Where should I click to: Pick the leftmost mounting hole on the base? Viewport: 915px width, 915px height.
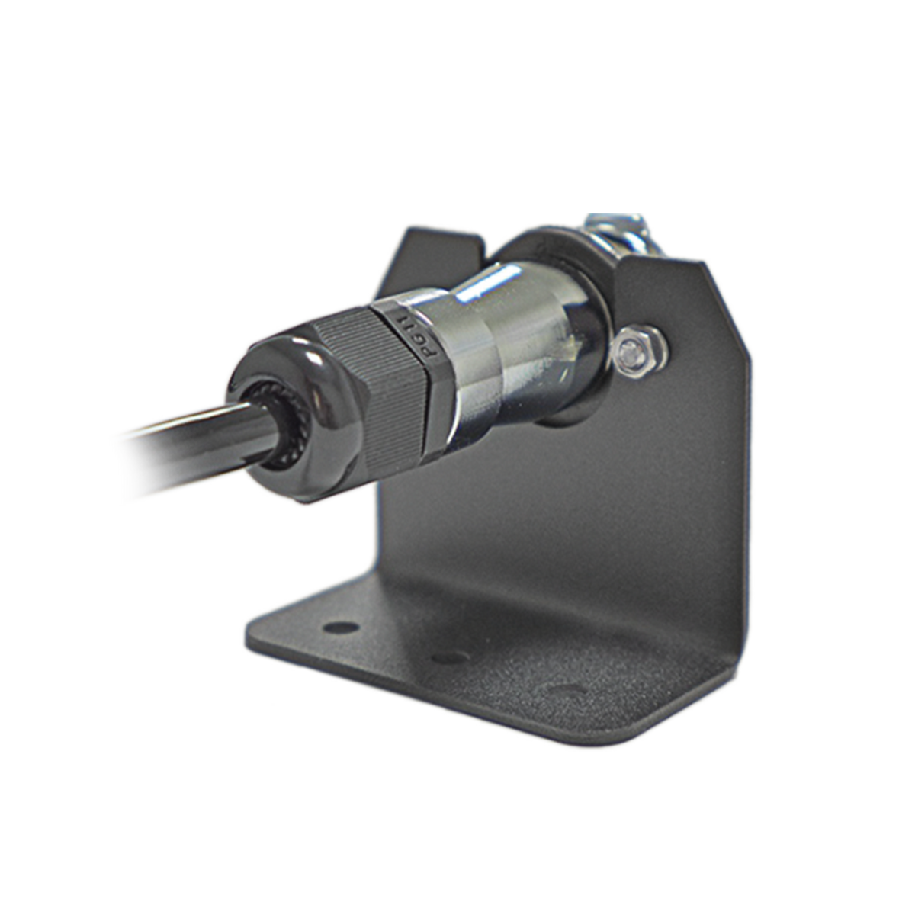click(340, 628)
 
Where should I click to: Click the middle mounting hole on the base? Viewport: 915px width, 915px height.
click(450, 658)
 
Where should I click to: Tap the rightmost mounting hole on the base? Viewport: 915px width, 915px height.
click(566, 689)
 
